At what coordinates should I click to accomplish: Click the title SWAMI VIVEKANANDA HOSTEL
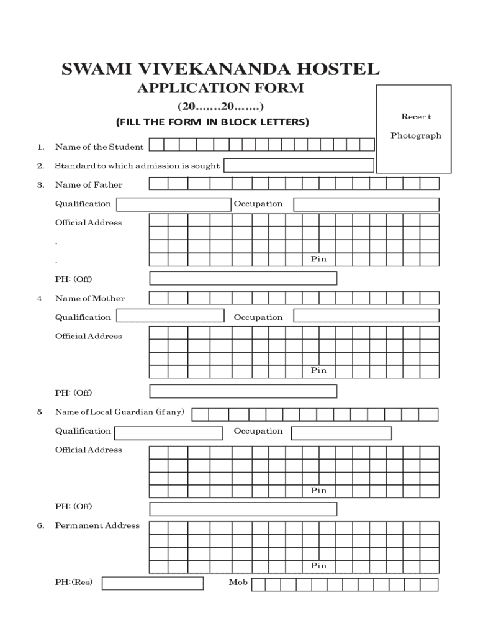[x=220, y=69]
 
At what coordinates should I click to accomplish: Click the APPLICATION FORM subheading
[x=220, y=88]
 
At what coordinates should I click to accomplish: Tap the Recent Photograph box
[x=413, y=129]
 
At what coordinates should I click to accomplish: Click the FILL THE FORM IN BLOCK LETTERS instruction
[x=212, y=122]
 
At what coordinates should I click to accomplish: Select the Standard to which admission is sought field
[x=299, y=165]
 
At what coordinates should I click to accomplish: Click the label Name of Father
[x=89, y=184]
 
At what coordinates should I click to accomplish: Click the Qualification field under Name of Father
[x=174, y=204]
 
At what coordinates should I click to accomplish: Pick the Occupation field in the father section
[x=366, y=204]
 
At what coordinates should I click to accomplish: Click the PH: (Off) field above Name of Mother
[x=243, y=278]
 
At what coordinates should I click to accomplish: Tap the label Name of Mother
[x=90, y=298]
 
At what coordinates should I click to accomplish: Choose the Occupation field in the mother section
[x=366, y=316]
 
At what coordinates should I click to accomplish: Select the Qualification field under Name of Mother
[x=171, y=316]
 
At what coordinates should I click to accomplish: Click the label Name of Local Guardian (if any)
[x=120, y=412]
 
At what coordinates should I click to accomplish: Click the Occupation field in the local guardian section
[x=341, y=433]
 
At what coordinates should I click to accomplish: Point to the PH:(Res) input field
[x=153, y=583]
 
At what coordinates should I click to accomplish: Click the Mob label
[x=238, y=583]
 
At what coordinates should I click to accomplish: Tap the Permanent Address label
[x=97, y=525]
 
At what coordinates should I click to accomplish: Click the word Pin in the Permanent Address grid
[x=318, y=566]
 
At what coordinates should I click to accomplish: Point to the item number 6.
[x=40, y=525]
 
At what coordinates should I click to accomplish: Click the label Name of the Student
[x=99, y=147]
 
